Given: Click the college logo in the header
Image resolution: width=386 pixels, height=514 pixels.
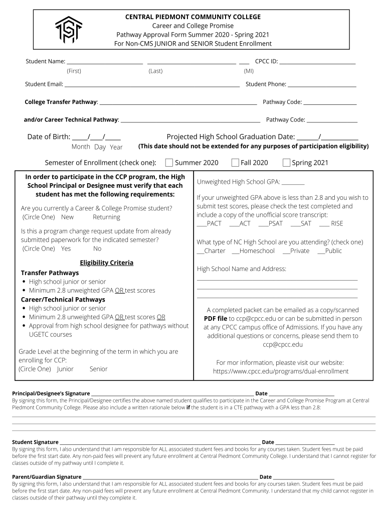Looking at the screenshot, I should [69, 30].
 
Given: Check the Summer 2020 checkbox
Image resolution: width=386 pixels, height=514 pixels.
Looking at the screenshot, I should [169, 162].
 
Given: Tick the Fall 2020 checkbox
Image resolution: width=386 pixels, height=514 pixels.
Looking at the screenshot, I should [235, 162].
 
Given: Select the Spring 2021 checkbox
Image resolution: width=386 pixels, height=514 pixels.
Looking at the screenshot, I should [287, 162].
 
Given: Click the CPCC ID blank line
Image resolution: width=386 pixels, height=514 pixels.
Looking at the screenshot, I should [317, 63].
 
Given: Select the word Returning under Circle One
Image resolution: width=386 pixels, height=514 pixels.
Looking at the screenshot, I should [106, 217].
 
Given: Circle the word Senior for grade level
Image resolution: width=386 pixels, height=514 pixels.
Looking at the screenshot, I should [98, 369].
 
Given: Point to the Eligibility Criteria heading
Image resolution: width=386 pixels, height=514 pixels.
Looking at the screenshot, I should [106, 263].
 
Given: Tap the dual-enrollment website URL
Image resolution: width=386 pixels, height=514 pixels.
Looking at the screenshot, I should [280, 371].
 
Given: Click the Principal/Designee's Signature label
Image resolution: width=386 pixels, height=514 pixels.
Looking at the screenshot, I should [51, 394].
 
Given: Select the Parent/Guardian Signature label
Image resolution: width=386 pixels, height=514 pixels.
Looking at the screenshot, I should [47, 477].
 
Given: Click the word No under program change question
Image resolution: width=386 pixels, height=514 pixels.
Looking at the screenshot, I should [97, 248].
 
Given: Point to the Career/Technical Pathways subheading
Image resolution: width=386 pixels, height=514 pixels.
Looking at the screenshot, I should [63, 300].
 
